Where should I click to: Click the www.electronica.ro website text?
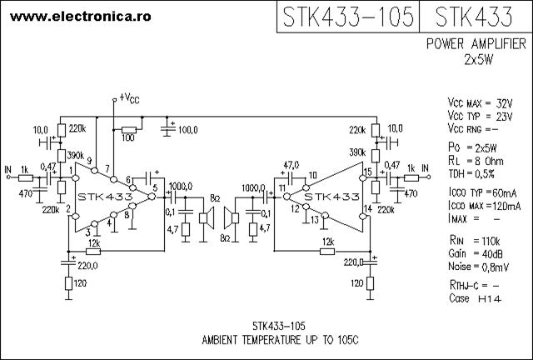pos(81,17)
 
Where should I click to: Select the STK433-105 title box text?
pos(348,17)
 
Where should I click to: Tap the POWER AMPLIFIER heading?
pos(476,44)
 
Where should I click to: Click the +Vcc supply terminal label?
pos(129,98)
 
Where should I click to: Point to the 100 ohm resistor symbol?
pos(129,130)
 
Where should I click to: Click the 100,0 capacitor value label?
pos(188,130)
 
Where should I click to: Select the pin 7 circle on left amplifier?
pos(114,179)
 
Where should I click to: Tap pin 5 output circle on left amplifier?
pos(152,197)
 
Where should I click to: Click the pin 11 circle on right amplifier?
pos(286,197)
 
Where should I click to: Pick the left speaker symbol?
pos(206,217)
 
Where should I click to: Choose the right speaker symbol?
pos(232,217)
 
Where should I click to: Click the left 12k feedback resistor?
pos(93,251)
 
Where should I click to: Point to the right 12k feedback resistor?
pos(327,252)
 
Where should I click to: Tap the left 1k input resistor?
pos(26,177)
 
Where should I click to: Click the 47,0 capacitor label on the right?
pos(291,165)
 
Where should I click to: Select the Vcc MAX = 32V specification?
pos(480,102)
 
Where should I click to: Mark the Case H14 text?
pos(475,298)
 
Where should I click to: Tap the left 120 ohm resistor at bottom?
pos(68,283)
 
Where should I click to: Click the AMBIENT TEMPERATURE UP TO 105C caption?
pos(280,340)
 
